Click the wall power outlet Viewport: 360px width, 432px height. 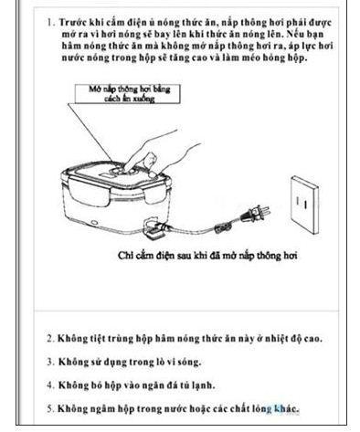tap(305, 204)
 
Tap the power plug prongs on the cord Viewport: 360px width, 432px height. tap(264, 210)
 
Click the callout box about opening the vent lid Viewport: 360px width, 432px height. tap(128, 94)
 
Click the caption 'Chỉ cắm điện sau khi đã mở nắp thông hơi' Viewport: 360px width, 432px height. tap(207, 256)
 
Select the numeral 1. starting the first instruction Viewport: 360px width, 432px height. tap(51, 23)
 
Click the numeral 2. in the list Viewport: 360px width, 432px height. tap(51, 339)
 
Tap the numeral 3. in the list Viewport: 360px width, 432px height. tap(51, 362)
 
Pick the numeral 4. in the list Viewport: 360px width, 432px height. tap(51, 385)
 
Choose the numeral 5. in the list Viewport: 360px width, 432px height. tap(51, 408)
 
